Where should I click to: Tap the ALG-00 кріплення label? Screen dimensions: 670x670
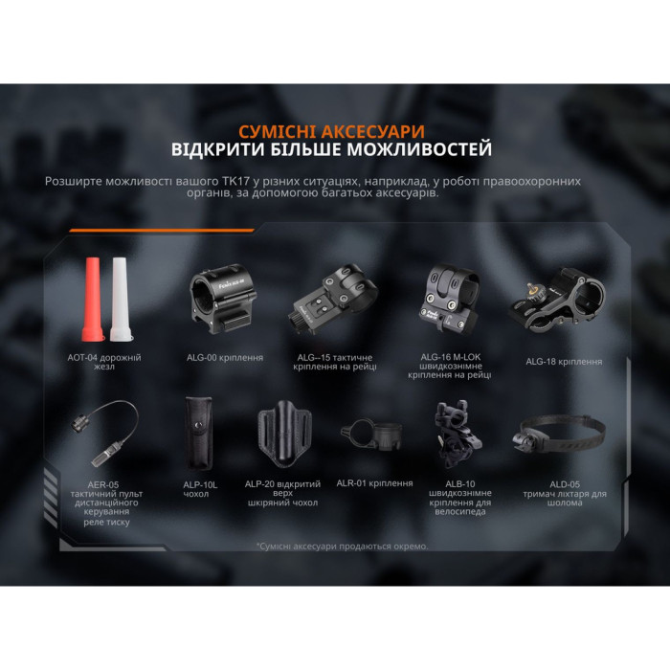tap(224, 358)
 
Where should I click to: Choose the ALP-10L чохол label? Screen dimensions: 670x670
tap(200, 490)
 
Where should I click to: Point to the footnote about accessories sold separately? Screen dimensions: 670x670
tap(342, 546)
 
